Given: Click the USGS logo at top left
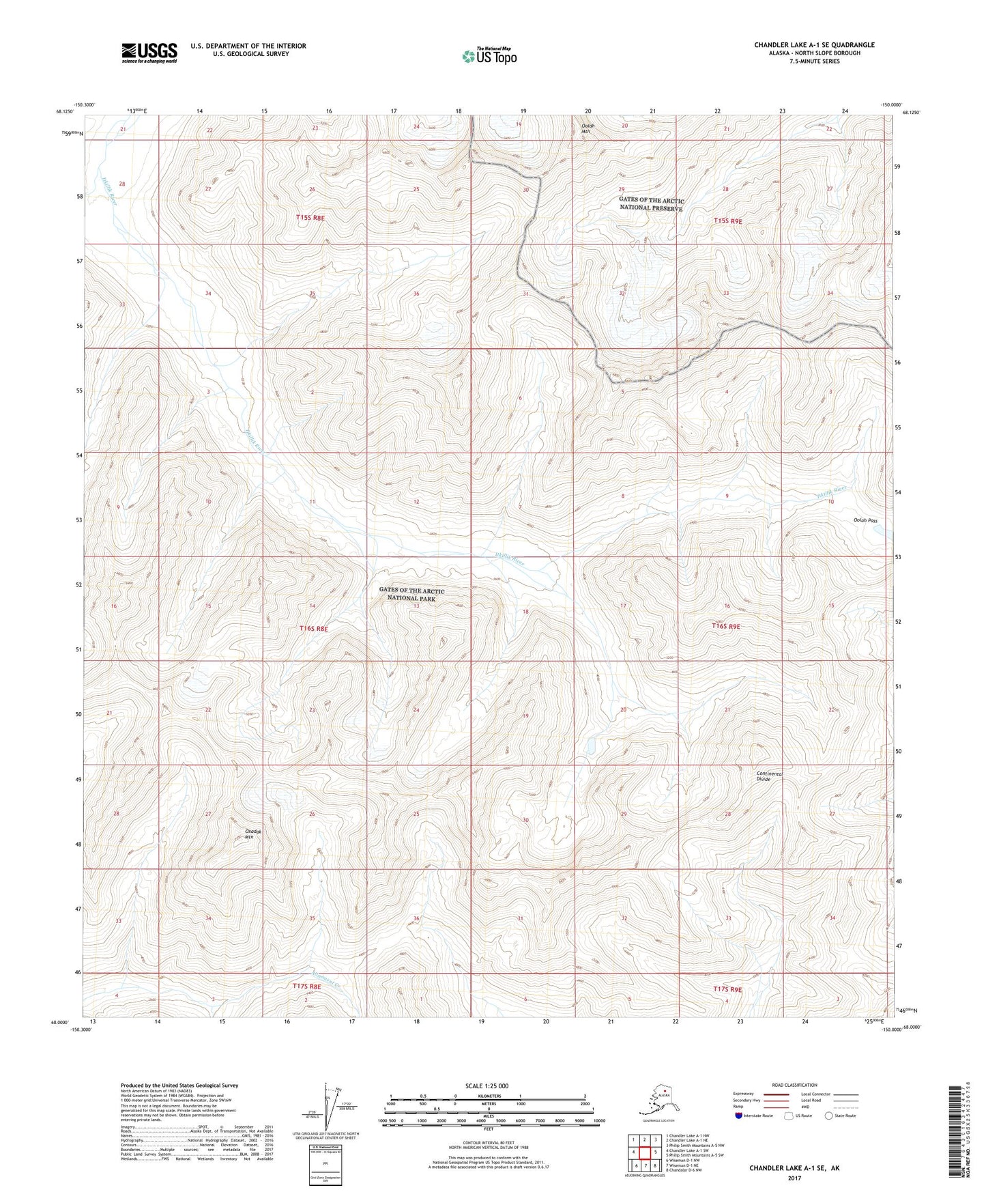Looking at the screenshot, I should (149, 52).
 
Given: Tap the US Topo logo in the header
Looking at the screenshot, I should (489, 55).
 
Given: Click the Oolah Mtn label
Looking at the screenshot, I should (588, 129).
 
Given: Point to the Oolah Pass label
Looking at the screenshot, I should (865, 520).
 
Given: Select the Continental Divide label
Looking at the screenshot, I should (769, 776).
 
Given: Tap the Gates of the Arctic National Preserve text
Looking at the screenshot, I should (651, 204).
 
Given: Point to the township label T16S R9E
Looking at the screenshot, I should (725, 626).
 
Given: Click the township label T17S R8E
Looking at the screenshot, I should (306, 987).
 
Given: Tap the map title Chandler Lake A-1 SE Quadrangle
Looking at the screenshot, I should (814, 45).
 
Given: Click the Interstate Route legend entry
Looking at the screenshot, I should (754, 1116).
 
